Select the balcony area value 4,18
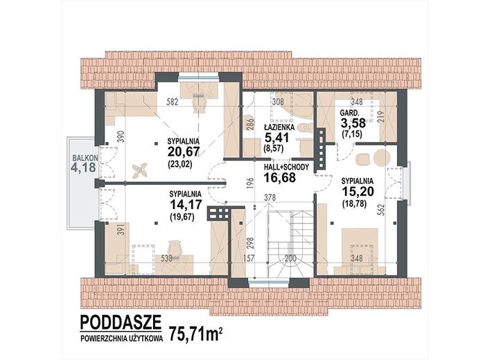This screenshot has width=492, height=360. tap(83, 168)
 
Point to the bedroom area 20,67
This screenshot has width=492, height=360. tap(184, 152)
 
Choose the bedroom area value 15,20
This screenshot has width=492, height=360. tap(358, 191)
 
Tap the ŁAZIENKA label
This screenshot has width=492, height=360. tap(279, 127)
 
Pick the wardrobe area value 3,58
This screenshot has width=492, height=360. tap(353, 123)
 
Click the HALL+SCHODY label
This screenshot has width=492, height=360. tap(286, 168)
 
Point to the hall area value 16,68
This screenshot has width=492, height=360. tap(279, 177)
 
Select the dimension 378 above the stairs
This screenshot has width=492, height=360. tap(270, 198)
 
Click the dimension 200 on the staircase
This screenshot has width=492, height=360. tap(290, 258)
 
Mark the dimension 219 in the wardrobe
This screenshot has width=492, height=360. tap(383, 116)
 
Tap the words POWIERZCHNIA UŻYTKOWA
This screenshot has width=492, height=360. tap(122, 339)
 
